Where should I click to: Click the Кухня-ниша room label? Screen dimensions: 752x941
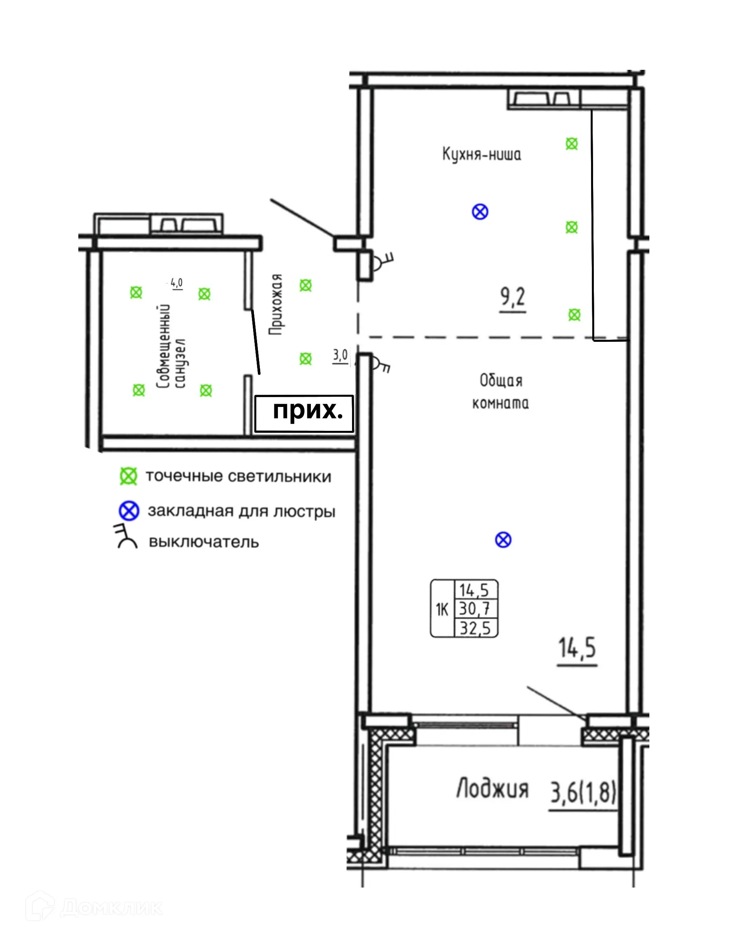[x=482, y=154]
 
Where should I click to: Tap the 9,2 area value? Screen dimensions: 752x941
[x=513, y=297]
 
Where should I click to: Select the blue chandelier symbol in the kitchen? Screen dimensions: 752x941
[x=480, y=212]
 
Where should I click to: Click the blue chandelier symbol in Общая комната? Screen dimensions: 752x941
[x=503, y=540]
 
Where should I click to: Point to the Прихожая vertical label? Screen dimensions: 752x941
[x=276, y=304]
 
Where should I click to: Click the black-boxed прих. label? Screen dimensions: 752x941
[x=304, y=413]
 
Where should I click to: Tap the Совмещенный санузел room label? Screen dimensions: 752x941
[x=171, y=346]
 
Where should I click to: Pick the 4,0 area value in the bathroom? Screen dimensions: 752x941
[x=176, y=283]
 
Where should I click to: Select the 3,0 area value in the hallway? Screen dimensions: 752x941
[x=340, y=355]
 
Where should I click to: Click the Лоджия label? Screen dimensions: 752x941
[x=492, y=789]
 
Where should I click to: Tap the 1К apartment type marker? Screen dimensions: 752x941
[x=442, y=609]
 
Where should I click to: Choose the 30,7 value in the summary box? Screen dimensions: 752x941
[x=475, y=608]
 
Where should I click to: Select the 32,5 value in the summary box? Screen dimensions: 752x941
[x=475, y=628]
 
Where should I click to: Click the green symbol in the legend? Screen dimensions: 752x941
[x=128, y=476]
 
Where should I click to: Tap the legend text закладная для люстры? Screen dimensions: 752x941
[x=241, y=511]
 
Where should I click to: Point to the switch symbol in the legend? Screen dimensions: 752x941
[x=126, y=536]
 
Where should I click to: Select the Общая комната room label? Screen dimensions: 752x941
[x=500, y=392]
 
